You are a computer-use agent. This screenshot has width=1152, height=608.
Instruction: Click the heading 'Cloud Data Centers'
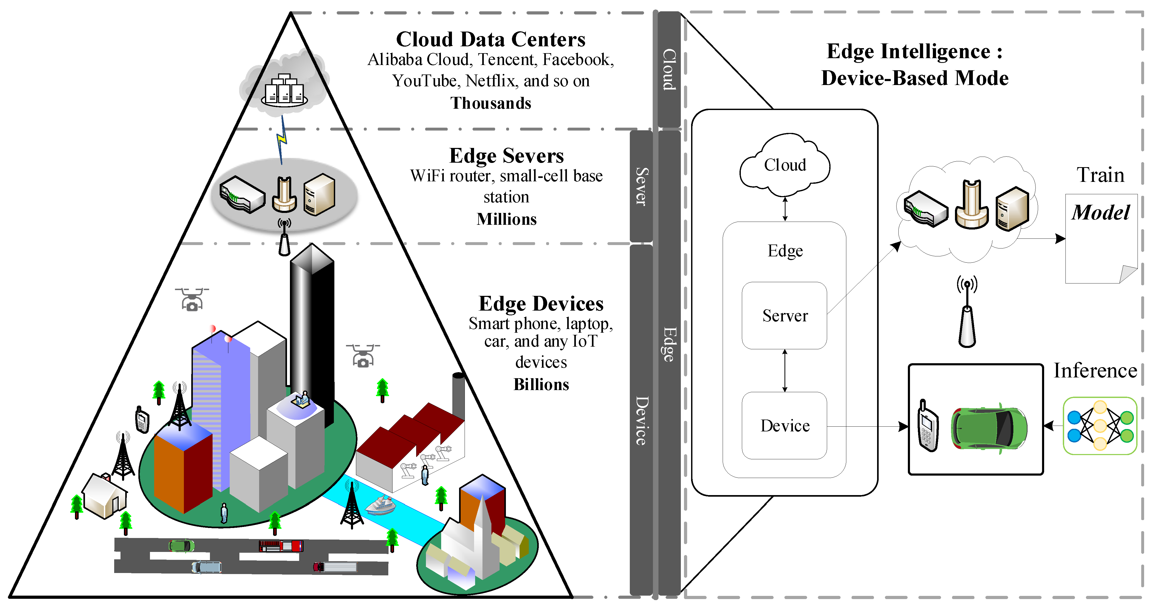point(491,39)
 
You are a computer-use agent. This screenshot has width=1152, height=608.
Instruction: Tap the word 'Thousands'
point(491,103)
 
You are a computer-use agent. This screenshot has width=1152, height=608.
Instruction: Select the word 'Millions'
point(506,219)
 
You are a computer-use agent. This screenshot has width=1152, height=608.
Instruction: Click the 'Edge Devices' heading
point(541,304)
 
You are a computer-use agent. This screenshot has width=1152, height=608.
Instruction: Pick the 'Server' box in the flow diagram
point(784,315)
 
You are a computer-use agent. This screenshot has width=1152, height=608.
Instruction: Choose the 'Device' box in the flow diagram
point(784,425)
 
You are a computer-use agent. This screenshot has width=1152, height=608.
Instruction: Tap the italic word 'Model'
point(1101,212)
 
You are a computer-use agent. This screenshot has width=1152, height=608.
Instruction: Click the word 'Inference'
point(1095,371)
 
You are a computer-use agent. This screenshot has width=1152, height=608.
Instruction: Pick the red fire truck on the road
point(281,546)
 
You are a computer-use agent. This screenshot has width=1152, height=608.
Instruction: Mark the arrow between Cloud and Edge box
point(785,209)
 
